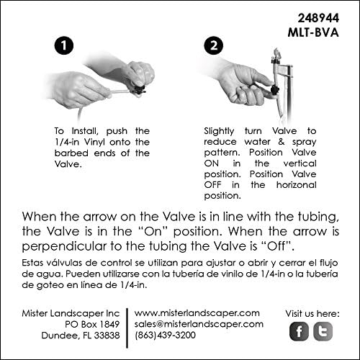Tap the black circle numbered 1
[x=64, y=45]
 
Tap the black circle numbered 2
[x=214, y=45]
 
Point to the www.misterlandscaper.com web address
[x=197, y=313]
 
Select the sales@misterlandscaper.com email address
[x=197, y=325]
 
